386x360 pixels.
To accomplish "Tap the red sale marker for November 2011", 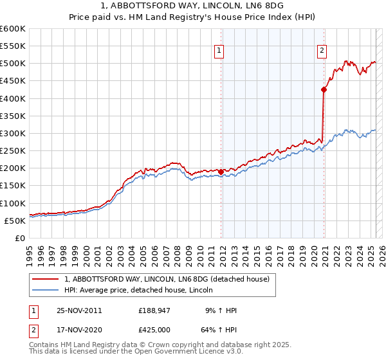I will tap(221, 172).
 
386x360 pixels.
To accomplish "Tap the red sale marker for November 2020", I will tap(324, 90).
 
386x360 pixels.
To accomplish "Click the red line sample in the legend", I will tap(45, 279).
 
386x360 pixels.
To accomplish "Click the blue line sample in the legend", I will tap(45, 290).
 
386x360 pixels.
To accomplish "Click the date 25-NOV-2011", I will tap(80, 310).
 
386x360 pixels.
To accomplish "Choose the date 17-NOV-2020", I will tap(80, 329).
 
